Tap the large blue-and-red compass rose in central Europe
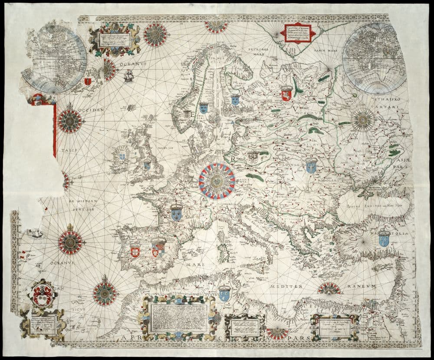point(217,181)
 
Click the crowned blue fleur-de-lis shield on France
point(176,212)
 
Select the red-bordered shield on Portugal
point(135,250)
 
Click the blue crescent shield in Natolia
point(384,238)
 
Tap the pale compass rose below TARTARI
point(363,119)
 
